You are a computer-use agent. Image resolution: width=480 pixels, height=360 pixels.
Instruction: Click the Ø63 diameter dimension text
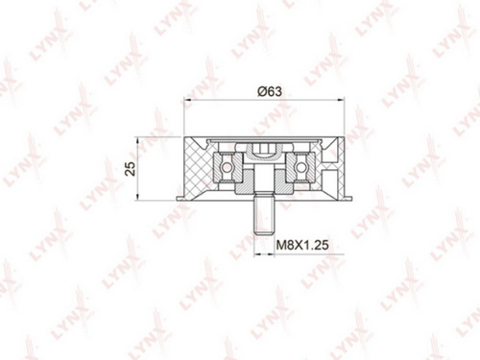pyautogui.click(x=270, y=91)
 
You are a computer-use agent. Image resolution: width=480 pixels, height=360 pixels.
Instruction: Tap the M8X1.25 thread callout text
pyautogui.click(x=302, y=245)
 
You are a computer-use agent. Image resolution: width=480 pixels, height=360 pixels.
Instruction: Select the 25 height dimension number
pyautogui.click(x=131, y=168)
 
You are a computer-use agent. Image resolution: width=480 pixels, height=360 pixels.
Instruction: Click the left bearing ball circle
pyautogui.click(x=227, y=167)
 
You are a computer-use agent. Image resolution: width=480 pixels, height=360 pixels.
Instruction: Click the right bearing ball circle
pyautogui.click(x=300, y=167)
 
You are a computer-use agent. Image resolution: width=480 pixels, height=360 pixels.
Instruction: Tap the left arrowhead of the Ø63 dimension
pyautogui.click(x=188, y=100)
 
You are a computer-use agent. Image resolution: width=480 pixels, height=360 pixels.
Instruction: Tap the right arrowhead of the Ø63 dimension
pyautogui.click(x=340, y=100)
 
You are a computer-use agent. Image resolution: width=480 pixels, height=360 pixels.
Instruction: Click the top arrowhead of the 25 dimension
pyautogui.click(x=137, y=141)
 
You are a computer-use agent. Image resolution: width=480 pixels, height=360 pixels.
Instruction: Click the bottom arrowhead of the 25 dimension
pyautogui.click(x=137, y=197)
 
